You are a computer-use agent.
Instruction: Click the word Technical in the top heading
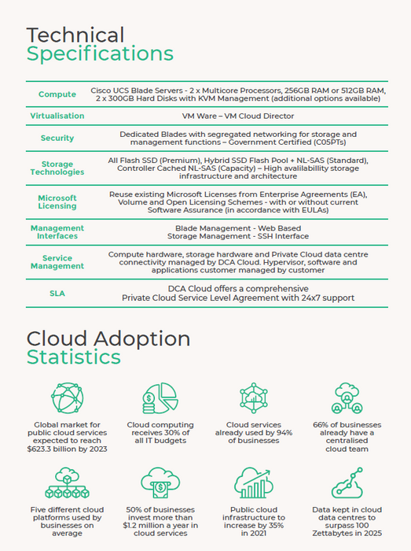(x=75, y=35)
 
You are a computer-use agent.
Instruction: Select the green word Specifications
(x=100, y=54)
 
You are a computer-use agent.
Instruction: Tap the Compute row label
(x=57, y=94)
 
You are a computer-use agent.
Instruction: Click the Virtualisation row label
(x=57, y=116)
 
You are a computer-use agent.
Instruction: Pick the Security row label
(x=57, y=138)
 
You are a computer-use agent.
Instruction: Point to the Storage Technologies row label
(x=57, y=168)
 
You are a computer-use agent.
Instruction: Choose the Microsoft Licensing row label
(x=57, y=202)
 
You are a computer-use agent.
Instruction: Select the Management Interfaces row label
(x=57, y=231)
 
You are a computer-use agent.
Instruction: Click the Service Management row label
(x=57, y=262)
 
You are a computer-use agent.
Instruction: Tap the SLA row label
(x=57, y=293)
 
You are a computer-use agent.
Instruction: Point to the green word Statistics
(x=73, y=357)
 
